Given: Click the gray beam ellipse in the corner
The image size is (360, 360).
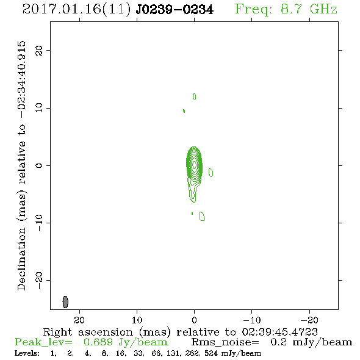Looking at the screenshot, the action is click(65, 302).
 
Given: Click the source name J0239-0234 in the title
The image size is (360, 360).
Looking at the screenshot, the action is click(175, 9).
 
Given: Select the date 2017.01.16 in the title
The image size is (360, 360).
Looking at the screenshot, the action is click(62, 9).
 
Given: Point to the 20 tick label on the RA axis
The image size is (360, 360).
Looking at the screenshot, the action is click(79, 320).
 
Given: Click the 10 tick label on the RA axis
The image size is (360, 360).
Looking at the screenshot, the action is click(137, 320).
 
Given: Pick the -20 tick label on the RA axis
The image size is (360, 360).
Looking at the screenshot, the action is click(309, 320).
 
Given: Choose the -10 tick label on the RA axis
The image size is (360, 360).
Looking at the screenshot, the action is click(251, 320).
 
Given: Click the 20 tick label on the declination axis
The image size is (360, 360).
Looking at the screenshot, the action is click(39, 50).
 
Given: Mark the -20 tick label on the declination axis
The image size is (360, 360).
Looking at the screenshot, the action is click(39, 281).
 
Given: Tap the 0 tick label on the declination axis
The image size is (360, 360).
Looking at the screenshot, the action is click(39, 165).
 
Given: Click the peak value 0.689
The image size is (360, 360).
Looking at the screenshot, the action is click(98, 342).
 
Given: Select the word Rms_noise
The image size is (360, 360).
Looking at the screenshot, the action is click(225, 342).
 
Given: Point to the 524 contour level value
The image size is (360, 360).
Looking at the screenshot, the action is click(211, 353).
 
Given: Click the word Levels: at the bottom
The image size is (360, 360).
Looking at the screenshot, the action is click(27, 353).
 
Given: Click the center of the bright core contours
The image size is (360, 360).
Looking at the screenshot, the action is click(194, 164).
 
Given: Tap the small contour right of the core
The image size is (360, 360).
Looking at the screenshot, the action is click(211, 173).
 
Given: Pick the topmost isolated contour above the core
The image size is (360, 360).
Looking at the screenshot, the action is click(194, 96).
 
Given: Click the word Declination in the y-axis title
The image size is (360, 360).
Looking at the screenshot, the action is click(21, 259).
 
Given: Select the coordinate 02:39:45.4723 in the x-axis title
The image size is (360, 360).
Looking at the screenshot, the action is click(279, 332).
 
